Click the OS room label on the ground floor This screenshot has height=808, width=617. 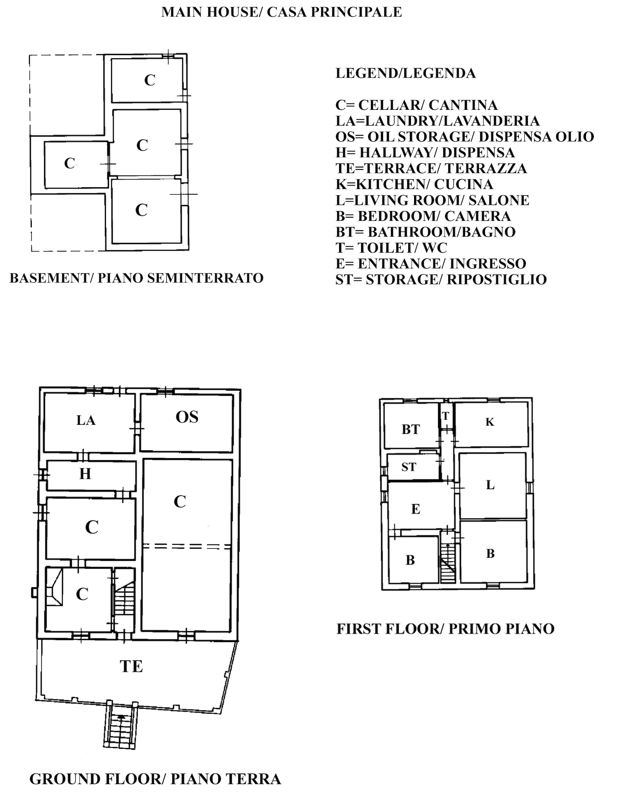click(187, 417)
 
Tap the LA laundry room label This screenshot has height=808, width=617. click(86, 420)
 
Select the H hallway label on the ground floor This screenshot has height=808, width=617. click(85, 474)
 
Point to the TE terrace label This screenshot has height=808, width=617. click(131, 666)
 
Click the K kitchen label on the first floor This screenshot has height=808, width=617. click(490, 422)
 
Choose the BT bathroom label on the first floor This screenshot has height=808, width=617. click(411, 429)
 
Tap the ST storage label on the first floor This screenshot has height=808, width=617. click(409, 467)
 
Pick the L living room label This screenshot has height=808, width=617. click(490, 485)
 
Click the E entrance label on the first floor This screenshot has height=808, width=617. click(416, 509)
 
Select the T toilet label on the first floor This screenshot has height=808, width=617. click(445, 416)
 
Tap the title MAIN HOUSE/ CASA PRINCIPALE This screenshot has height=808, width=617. click(281, 12)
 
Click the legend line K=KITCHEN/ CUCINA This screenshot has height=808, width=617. click(414, 184)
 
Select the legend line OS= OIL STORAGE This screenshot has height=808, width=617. click(465, 136)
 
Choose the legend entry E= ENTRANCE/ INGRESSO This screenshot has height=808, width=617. click(431, 264)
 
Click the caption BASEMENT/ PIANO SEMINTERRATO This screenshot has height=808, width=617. click(136, 278)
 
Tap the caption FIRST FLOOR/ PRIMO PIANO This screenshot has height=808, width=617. click(445, 629)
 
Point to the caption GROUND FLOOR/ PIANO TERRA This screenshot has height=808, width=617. click(155, 779)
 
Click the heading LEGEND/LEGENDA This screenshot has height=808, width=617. click(405, 73)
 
